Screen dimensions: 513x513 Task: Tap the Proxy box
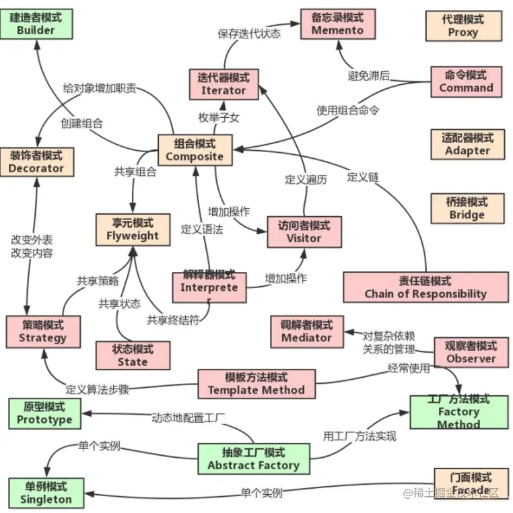point(463,26)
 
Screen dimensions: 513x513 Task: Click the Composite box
point(195,149)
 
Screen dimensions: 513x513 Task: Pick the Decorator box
point(36,162)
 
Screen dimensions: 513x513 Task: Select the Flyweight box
point(133,229)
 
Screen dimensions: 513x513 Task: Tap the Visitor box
point(304,232)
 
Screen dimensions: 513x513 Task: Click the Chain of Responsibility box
point(425,287)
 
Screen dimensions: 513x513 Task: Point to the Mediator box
point(306,331)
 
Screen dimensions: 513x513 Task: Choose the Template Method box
point(256,383)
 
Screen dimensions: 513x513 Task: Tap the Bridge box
point(467,208)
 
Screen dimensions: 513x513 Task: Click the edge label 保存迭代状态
point(249,33)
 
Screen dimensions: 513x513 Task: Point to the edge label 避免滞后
point(369,75)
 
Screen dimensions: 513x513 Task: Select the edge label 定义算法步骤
point(97,390)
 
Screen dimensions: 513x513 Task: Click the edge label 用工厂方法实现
point(360,436)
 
